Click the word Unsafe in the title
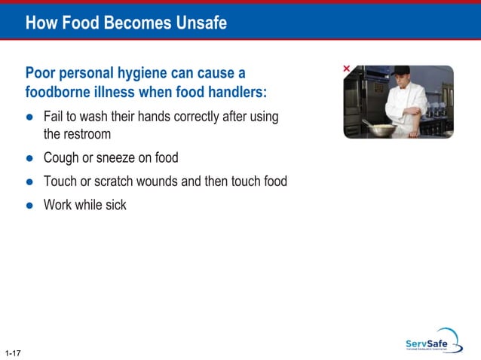click(197, 23)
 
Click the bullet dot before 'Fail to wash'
click(30, 117)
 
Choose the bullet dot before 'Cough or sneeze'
click(30, 159)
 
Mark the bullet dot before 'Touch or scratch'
click(30, 182)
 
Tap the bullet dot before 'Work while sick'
click(30, 204)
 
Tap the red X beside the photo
click(347, 69)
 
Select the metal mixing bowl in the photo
click(383, 130)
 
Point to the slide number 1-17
click(12, 352)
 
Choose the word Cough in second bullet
click(61, 159)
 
